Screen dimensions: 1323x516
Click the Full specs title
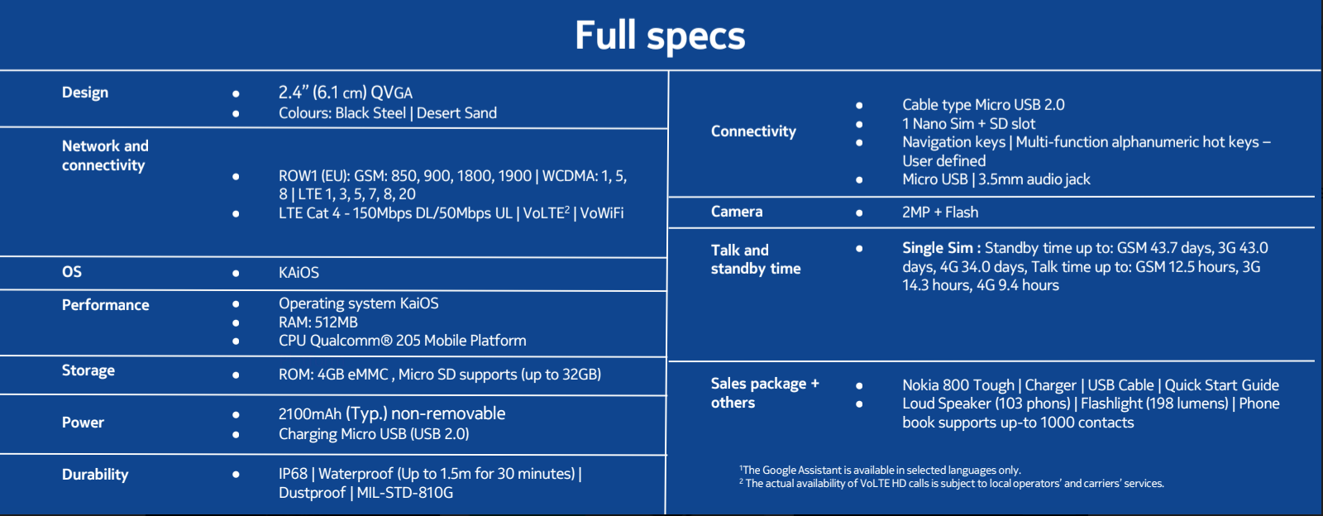pos(660,36)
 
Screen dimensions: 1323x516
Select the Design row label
pos(85,93)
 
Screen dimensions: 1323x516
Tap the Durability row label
pos(95,474)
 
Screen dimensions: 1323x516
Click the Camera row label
pos(737,212)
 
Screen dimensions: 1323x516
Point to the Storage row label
pos(88,370)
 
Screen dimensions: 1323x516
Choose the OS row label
pos(72,271)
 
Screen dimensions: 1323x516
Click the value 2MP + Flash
pos(940,212)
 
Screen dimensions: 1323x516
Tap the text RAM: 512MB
pos(318,322)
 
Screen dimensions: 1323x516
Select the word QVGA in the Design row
pos(392,93)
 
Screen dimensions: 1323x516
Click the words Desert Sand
pos(456,112)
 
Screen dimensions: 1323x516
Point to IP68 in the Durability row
pos(293,474)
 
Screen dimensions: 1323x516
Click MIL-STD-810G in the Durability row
pos(404,492)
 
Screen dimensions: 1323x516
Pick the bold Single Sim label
pos(942,248)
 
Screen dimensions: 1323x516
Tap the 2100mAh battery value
pos(310,413)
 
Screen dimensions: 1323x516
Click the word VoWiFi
pos(601,213)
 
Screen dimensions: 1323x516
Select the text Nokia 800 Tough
pos(958,385)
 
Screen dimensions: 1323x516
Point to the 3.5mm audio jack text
pos(1034,179)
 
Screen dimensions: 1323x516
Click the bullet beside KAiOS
pos(236,274)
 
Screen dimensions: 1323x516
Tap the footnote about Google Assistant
pos(880,470)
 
